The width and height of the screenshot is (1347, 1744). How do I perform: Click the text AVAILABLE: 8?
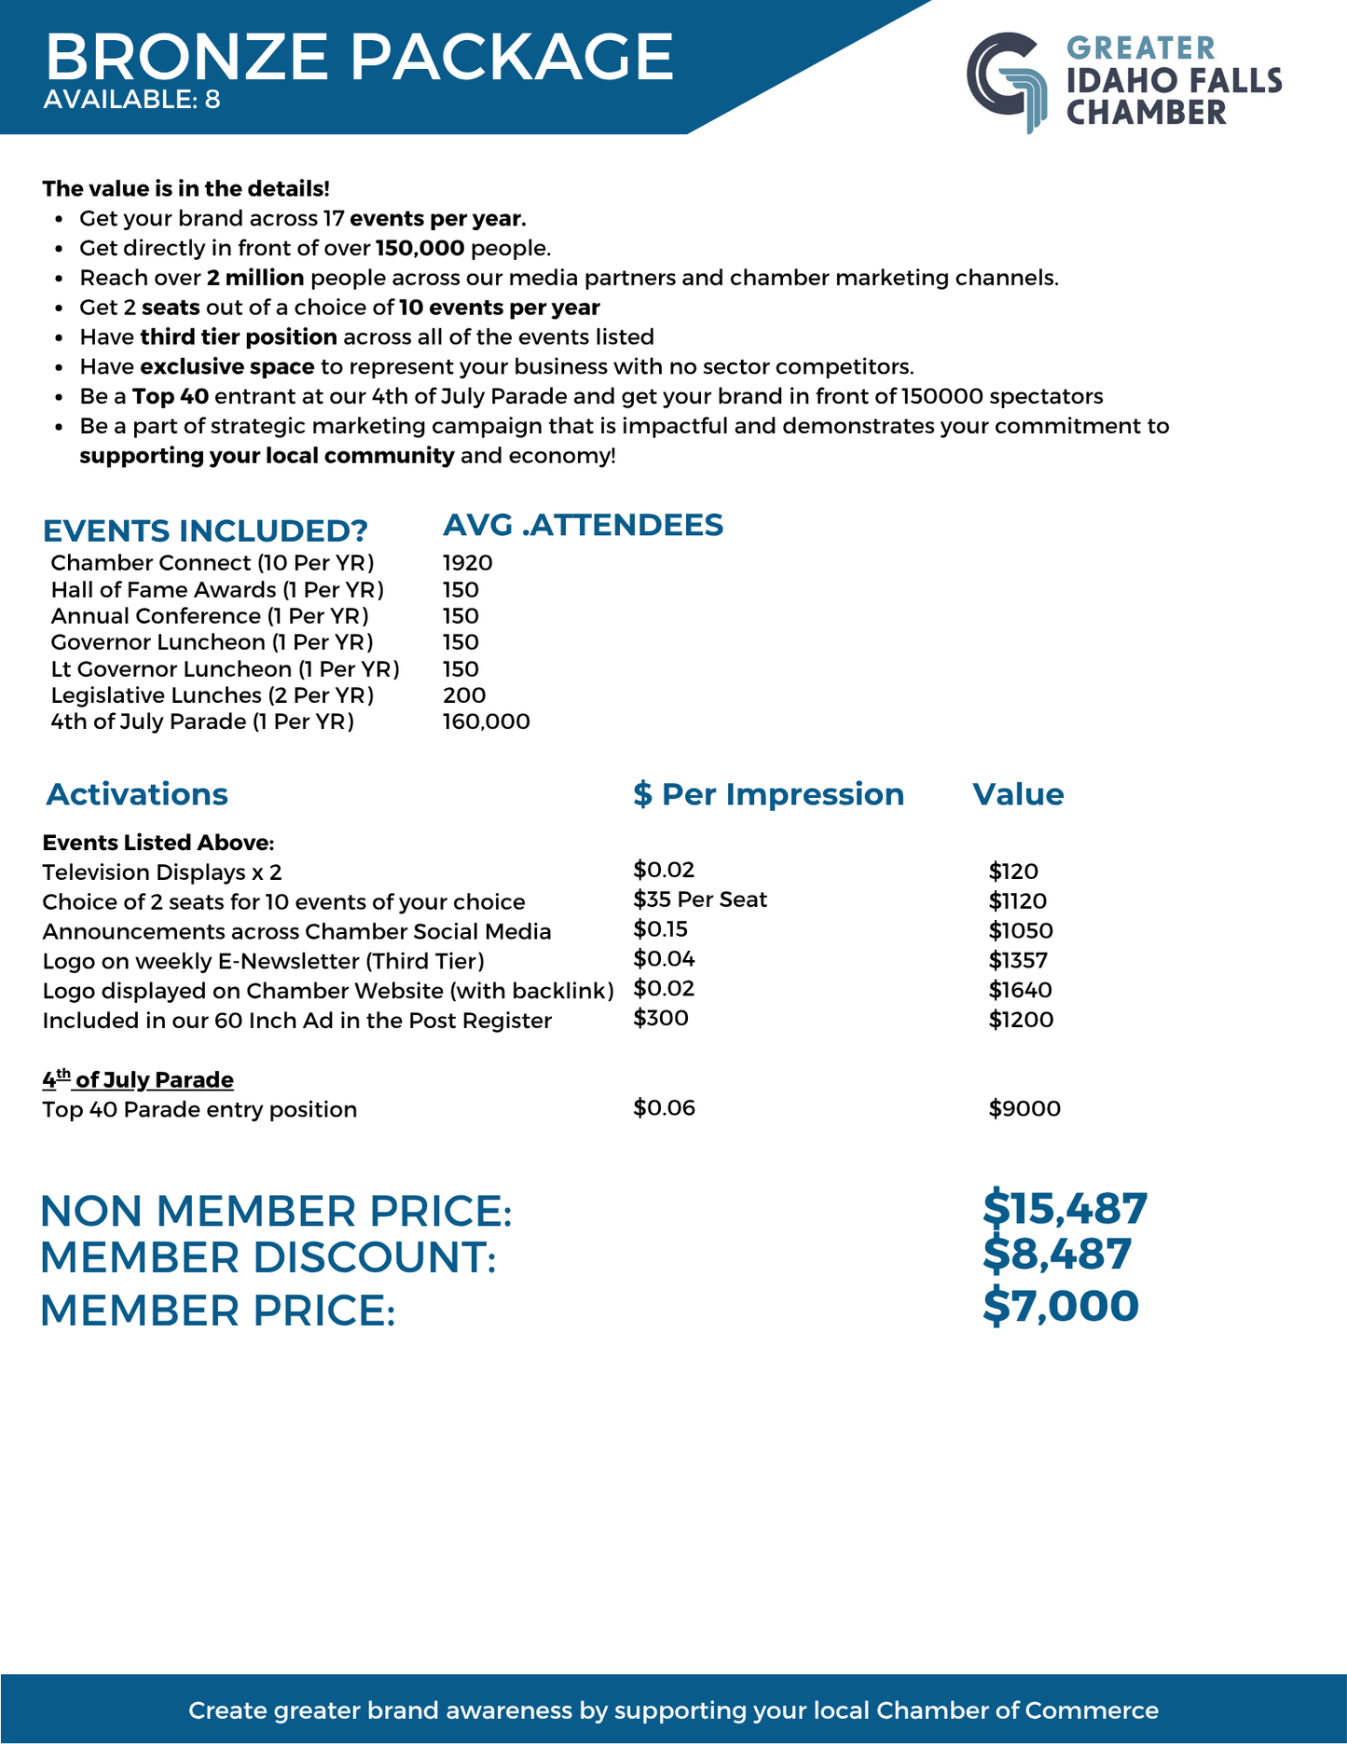131,99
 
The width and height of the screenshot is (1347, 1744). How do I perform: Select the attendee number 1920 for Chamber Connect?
467,563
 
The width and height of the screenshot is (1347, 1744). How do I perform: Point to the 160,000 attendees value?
486,721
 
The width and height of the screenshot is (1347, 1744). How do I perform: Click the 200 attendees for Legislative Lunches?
464,695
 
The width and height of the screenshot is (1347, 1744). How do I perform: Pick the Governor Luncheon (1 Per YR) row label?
212,642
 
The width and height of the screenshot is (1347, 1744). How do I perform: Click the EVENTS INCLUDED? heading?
205,530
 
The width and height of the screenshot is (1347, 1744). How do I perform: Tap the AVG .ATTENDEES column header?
583,525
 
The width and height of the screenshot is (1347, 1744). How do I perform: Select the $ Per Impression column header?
768,794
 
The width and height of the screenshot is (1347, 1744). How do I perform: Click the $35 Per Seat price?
699,899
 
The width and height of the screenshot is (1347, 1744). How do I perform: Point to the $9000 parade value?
1024,1108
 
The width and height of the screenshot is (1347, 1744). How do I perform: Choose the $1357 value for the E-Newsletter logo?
1018,960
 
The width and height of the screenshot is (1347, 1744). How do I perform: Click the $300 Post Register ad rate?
660,1018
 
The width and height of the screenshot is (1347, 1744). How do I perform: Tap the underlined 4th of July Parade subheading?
138,1079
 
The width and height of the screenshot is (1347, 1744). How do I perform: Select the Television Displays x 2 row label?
161,872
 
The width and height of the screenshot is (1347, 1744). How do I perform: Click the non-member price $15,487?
1065,1209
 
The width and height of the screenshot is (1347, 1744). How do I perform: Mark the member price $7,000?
1060,1307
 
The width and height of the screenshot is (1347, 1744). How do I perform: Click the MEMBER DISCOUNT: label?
268,1257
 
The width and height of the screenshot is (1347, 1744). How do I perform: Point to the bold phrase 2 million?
255,278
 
